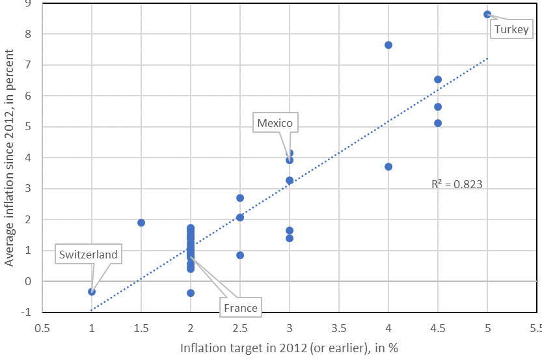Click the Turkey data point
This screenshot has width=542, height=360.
click(487, 14)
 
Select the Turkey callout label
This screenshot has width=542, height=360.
click(511, 29)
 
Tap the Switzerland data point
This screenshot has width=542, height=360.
click(92, 292)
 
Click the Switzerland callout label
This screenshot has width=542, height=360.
click(88, 255)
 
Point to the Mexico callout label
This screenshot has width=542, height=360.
click(275, 123)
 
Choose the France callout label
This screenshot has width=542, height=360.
click(241, 308)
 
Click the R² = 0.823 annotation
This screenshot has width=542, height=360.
click(457, 184)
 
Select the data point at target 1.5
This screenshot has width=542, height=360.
click(141, 223)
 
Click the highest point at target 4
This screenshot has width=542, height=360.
click(388, 45)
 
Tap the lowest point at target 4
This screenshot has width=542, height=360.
click(388, 167)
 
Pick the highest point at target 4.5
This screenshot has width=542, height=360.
click(438, 79)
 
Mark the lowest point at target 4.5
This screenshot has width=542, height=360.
click(438, 123)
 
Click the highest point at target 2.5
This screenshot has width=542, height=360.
click(240, 198)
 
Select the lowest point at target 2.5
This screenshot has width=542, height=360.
click(240, 255)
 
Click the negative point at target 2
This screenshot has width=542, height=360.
click(191, 293)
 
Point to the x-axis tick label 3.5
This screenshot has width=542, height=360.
click(339, 328)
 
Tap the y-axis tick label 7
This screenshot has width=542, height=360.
click(28, 64)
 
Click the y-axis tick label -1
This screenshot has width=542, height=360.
click(26, 312)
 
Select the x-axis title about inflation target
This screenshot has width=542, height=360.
click(289, 348)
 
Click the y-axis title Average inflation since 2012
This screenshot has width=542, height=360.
click(9, 158)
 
